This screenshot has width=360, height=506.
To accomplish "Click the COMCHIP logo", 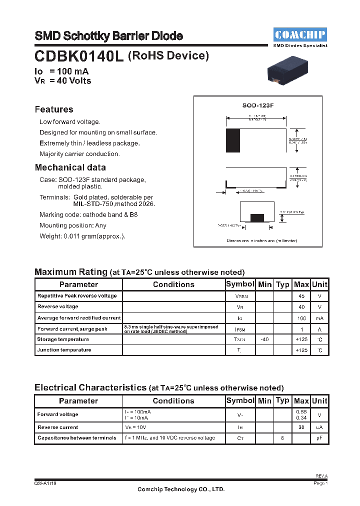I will pyautogui.click(x=300, y=34).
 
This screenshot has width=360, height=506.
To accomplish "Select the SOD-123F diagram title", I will pyautogui.click(x=256, y=106).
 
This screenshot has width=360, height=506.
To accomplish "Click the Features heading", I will pyautogui.click(x=54, y=109).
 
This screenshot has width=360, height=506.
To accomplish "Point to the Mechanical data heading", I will pyautogui.click(x=70, y=167).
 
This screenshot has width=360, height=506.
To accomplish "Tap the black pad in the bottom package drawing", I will pyautogui.click(x=257, y=217).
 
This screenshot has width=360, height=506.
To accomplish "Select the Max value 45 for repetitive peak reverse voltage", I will pyautogui.click(x=301, y=295).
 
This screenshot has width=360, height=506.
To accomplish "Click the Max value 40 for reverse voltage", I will pyautogui.click(x=301, y=306).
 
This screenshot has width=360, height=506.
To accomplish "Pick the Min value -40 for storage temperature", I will pyautogui.click(x=264, y=339).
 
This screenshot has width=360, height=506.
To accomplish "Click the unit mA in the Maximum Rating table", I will pyautogui.click(x=319, y=318).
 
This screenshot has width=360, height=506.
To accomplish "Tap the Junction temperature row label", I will pyautogui.click(x=64, y=350).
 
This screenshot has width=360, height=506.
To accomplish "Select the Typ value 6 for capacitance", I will pyautogui.click(x=282, y=438).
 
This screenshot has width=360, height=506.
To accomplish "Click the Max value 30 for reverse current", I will pyautogui.click(x=301, y=427).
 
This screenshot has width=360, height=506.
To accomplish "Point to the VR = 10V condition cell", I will pyautogui.click(x=135, y=427).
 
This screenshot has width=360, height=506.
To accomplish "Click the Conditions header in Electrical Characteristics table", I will pyautogui.click(x=173, y=401).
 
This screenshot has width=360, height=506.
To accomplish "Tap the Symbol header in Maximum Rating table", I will pyautogui.click(x=240, y=284).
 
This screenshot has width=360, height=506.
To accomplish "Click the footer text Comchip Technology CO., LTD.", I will pyautogui.click(x=181, y=489).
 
